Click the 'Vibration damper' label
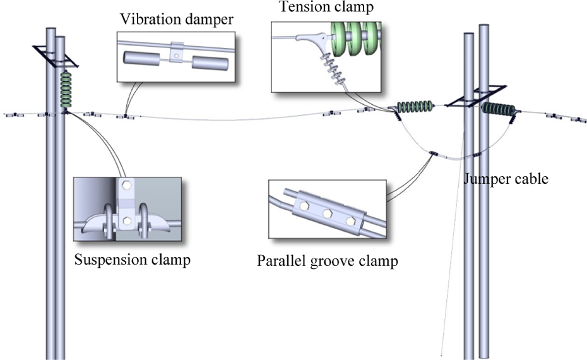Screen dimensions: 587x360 point(177,20)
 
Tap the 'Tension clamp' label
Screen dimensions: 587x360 point(326,7)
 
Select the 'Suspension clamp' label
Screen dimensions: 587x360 point(132,260)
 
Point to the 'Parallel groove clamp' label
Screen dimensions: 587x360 point(327,261)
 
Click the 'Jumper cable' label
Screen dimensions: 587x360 point(506,178)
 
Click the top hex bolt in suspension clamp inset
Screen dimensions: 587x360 point(127,186)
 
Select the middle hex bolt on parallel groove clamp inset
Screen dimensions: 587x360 point(327,213)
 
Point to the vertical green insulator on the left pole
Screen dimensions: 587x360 point(66,90)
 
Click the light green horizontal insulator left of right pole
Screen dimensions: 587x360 point(415,107)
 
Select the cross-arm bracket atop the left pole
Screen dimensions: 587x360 point(56,57)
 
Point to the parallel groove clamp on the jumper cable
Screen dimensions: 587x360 point(434,153)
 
